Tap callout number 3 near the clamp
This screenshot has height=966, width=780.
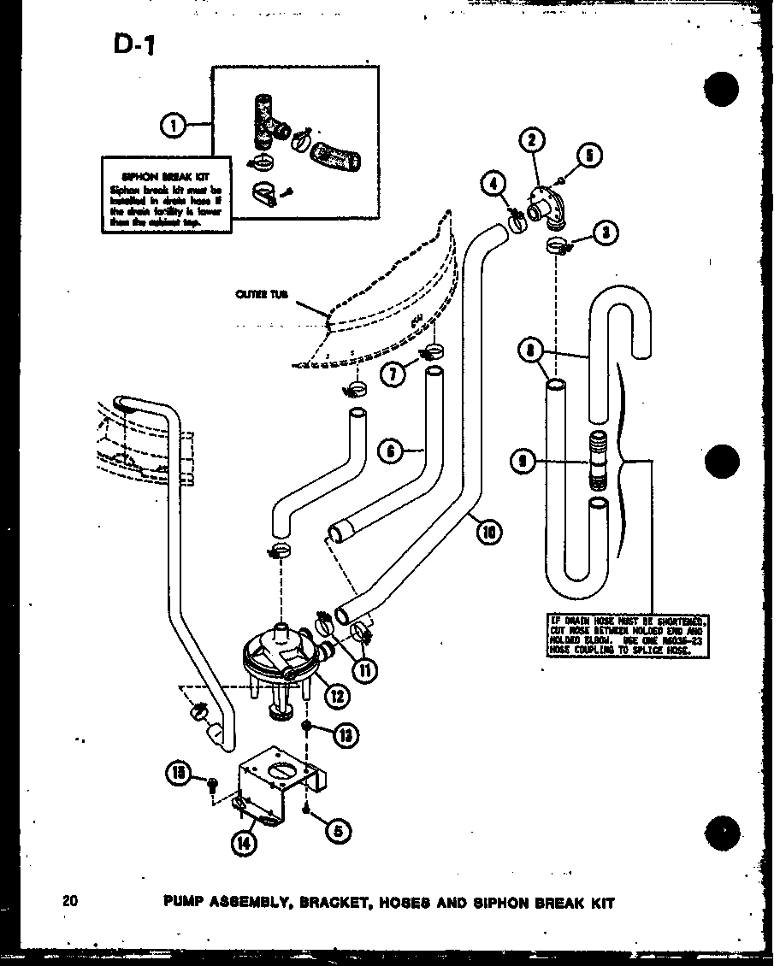click(608, 231)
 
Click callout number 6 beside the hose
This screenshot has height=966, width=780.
click(391, 451)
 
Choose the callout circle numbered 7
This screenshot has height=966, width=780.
click(394, 374)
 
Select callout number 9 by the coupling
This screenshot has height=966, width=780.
click(520, 462)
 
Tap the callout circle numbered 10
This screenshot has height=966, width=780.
click(489, 533)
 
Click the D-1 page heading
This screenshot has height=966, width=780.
click(133, 44)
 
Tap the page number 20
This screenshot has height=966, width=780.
click(70, 900)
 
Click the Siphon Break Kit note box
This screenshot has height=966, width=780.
click(165, 194)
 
